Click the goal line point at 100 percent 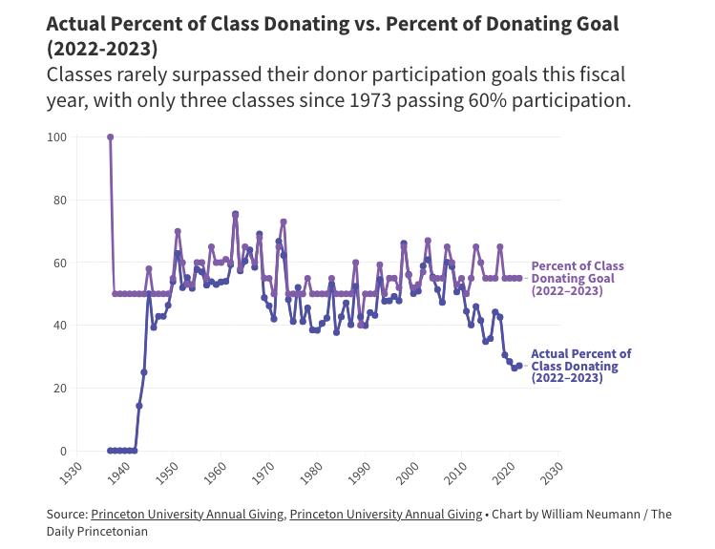pyautogui.click(x=110, y=137)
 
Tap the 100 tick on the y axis pyautogui.click(x=57, y=137)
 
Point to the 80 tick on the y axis pyautogui.click(x=59, y=201)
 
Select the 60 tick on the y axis pyautogui.click(x=59, y=263)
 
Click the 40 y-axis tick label pyautogui.click(x=59, y=326)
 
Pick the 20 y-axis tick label pyautogui.click(x=59, y=389)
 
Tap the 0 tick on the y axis pyautogui.click(x=63, y=451)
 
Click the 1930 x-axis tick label pyautogui.click(x=71, y=473)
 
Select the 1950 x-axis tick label pyautogui.click(x=167, y=473)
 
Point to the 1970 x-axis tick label pyautogui.click(x=263, y=473)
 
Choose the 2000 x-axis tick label pyautogui.click(x=409, y=473)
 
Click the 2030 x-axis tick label pyautogui.click(x=553, y=473)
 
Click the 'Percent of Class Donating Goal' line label pyautogui.click(x=577, y=278)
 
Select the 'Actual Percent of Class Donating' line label pyautogui.click(x=579, y=366)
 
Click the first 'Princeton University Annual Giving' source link pyautogui.click(x=187, y=514)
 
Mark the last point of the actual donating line pyautogui.click(x=519, y=366)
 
